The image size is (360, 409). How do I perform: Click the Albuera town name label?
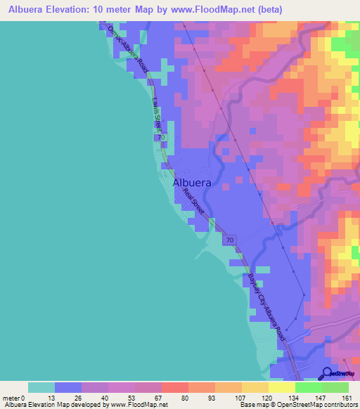point(192,182)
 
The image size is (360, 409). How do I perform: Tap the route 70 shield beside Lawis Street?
point(162,138)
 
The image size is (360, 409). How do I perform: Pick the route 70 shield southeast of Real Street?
point(229,240)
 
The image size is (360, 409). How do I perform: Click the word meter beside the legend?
point(13,397)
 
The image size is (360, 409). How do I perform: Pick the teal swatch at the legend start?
point(41,387)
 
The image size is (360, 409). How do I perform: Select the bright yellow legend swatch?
point(281,387)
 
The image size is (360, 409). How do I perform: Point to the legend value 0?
point(26,397)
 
